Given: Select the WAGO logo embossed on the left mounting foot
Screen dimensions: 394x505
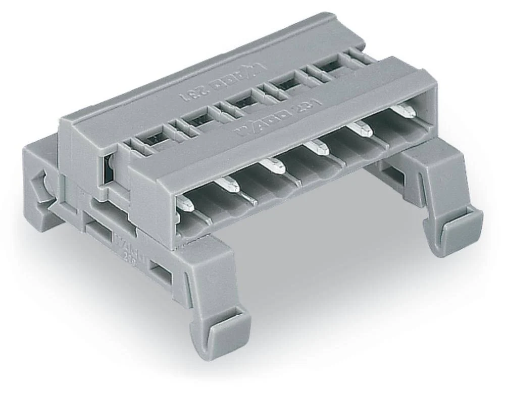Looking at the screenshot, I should [126, 241].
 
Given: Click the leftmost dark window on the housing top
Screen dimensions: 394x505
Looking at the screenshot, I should [152, 143].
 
